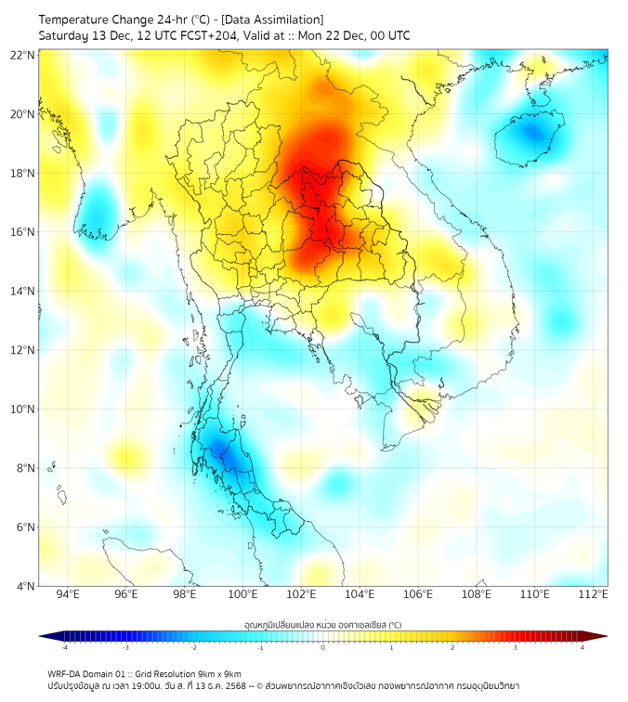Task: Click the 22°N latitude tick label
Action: pyautogui.click(x=23, y=55)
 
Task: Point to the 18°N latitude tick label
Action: pyautogui.click(x=23, y=173)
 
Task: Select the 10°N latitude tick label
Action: pyautogui.click(x=23, y=409)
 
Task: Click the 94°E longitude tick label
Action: pyautogui.click(x=68, y=594)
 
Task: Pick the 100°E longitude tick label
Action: pyautogui.click(x=242, y=594)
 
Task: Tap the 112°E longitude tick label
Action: pyautogui.click(x=593, y=594)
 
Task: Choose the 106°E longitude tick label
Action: pyautogui.click(x=418, y=594)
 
